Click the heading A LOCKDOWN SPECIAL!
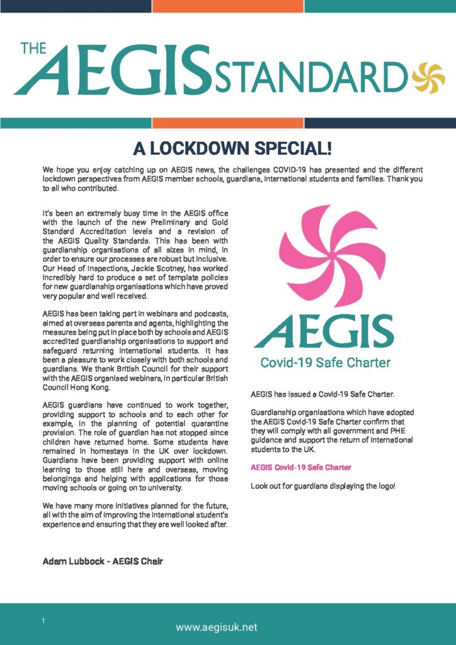click(232, 149)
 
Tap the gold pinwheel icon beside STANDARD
click(428, 76)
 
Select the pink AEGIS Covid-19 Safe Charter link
click(300, 467)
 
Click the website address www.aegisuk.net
click(217, 627)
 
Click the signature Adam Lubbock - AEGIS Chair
click(103, 561)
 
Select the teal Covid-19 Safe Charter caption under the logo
click(325, 362)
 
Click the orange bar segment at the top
click(227, 6)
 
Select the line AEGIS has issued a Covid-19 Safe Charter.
click(322, 394)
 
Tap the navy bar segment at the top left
click(76, 6)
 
